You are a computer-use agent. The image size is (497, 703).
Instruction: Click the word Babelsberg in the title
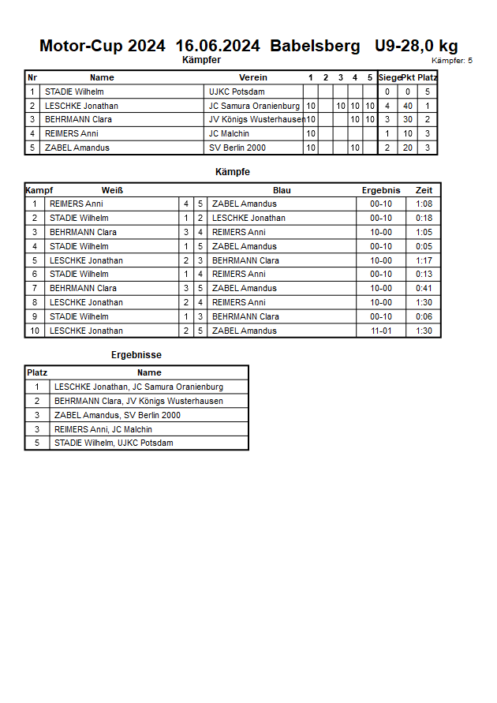[315, 46]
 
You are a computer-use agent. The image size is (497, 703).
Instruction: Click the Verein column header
[253, 77]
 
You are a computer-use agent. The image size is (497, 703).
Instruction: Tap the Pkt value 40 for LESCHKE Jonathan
[408, 106]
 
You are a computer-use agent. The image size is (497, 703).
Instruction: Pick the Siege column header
[388, 77]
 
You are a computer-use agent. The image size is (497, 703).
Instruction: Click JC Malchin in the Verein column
[228, 133]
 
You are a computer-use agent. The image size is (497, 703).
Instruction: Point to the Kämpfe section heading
[233, 171]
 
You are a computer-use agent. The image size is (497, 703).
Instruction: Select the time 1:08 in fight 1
[424, 204]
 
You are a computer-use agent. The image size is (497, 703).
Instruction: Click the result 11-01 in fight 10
[381, 331]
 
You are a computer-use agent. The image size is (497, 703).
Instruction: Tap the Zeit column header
[424, 190]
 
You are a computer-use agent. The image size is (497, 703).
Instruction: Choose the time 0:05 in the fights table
[424, 246]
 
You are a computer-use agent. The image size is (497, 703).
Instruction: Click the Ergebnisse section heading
[136, 355]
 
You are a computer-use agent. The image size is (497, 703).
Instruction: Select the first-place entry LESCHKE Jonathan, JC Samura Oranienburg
[138, 387]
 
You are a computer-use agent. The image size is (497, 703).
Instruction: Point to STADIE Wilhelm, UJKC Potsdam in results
[114, 443]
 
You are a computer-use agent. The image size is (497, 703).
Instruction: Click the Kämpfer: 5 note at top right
[452, 61]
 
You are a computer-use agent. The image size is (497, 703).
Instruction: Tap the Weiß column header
[112, 190]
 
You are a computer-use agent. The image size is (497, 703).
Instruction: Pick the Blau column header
[282, 190]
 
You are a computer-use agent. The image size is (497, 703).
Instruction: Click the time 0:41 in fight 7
[424, 288]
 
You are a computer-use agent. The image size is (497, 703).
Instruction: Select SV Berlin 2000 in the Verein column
[238, 148]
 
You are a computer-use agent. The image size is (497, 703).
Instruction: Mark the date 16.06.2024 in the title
[218, 46]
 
